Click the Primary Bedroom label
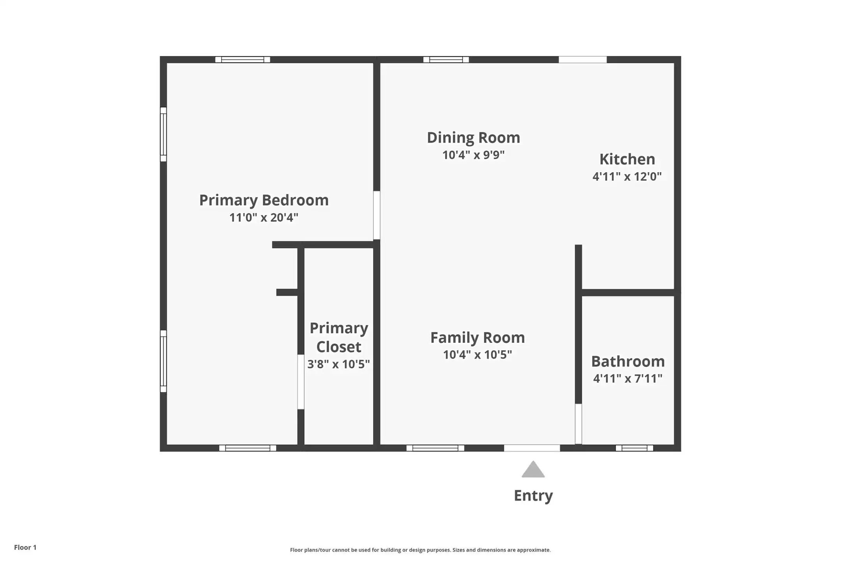click(264, 200)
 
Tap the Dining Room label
click(473, 138)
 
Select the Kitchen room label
click(627, 159)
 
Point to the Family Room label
click(478, 337)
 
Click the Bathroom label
click(628, 361)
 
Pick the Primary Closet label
click(339, 337)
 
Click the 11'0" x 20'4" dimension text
click(264, 217)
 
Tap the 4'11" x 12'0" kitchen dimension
click(627, 176)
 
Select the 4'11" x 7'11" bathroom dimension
click(628, 378)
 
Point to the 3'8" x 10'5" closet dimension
click(339, 364)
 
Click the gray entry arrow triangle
click(533, 470)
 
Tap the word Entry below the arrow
click(533, 496)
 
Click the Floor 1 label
click(25, 547)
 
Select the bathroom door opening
click(579, 424)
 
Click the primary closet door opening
click(301, 382)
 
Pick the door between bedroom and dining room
click(377, 215)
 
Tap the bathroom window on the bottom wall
click(634, 448)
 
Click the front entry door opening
click(532, 448)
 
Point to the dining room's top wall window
click(446, 60)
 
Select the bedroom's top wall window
click(243, 60)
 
